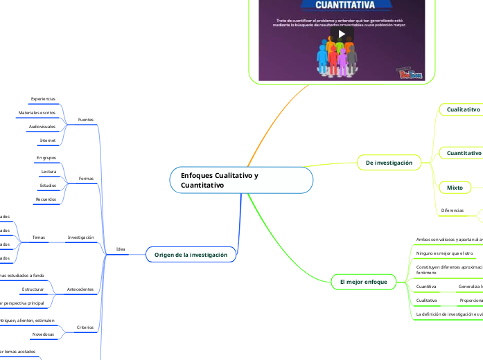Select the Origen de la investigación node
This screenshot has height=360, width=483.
click(x=191, y=255)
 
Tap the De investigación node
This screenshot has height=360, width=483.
click(x=388, y=163)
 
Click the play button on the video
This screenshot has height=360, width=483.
click(x=341, y=34)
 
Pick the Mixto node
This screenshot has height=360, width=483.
click(x=455, y=188)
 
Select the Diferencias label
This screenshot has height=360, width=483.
click(x=453, y=210)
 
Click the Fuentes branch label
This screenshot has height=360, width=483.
click(x=86, y=119)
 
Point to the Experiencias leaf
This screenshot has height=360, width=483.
click(x=43, y=99)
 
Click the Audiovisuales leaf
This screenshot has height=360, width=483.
click(x=42, y=127)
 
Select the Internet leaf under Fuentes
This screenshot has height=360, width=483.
click(x=47, y=141)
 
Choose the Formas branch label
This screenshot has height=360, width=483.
click(x=86, y=179)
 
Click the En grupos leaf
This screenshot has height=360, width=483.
click(x=46, y=158)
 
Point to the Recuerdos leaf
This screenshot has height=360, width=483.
click(x=46, y=199)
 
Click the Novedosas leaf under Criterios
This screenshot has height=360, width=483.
click(x=44, y=334)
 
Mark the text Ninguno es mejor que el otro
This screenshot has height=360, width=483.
click(x=444, y=253)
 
